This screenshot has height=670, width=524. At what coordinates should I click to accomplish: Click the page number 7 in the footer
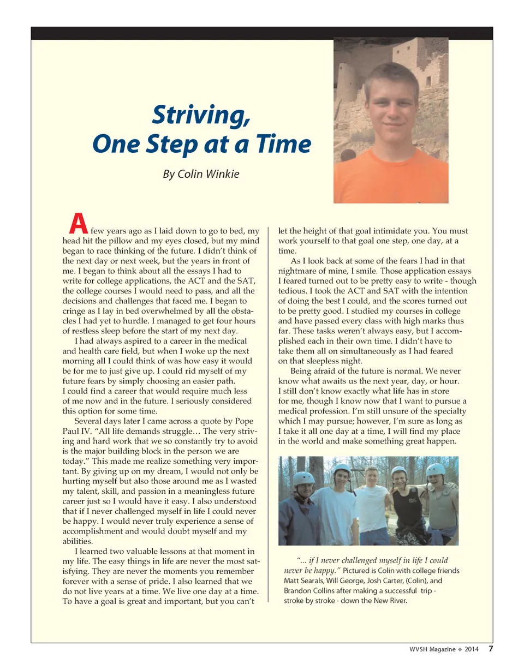491,649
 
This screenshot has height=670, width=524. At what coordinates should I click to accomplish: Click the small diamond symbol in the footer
460,649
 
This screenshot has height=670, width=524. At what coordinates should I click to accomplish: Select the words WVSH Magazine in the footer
433,649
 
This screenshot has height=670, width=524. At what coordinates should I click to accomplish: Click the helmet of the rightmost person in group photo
436,469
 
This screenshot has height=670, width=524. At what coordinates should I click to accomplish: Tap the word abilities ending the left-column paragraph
78,542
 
